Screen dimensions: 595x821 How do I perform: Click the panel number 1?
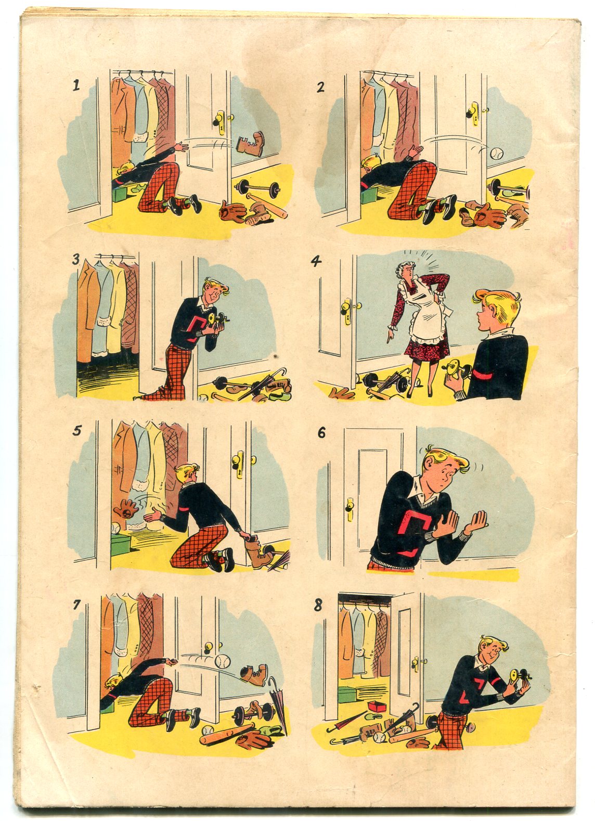click(x=76, y=85)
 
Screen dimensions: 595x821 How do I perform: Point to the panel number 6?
click(x=321, y=433)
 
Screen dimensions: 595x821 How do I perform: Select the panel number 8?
click(x=317, y=605)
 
